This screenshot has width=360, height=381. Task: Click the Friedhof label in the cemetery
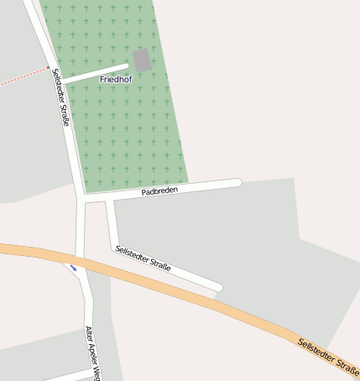pyautogui.click(x=116, y=79)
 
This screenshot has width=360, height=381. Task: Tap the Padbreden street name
pyautogui.click(x=159, y=191)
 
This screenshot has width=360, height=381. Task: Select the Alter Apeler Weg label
pyautogui.click(x=93, y=352)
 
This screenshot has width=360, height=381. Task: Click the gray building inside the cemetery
pyautogui.click(x=143, y=60)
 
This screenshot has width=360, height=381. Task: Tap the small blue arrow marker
pyautogui.click(x=73, y=269)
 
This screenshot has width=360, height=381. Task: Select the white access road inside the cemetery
pyautogui.click(x=97, y=73)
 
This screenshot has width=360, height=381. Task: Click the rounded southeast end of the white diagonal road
pyautogui.click(x=217, y=287)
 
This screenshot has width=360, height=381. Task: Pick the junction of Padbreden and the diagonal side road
pyautogui.click(x=108, y=201)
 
